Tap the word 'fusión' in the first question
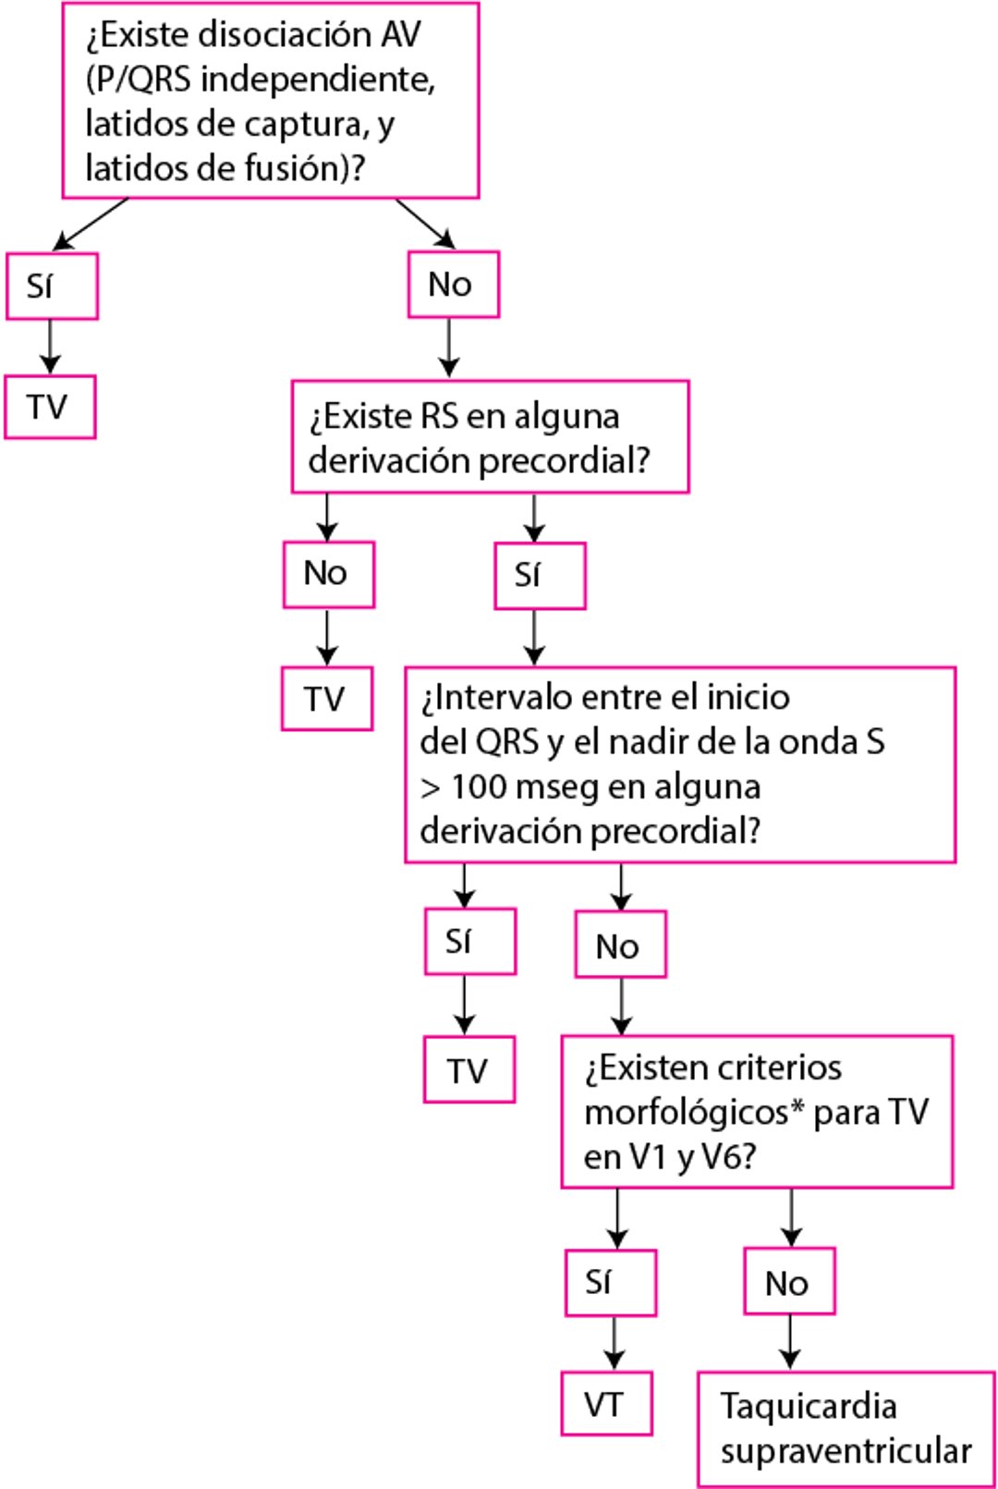297,169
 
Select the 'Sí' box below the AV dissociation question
52,287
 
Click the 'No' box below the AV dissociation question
453,285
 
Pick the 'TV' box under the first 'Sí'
50,407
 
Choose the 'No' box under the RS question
328,574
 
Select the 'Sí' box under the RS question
540,576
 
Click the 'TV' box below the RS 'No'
327,699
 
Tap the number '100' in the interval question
479,787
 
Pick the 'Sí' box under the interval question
469,941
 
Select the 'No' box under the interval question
620,945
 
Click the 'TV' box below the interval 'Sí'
469,1070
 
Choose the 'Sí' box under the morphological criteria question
610,1283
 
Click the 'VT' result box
606,1404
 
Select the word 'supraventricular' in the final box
846,1451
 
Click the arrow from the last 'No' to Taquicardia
790,1342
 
